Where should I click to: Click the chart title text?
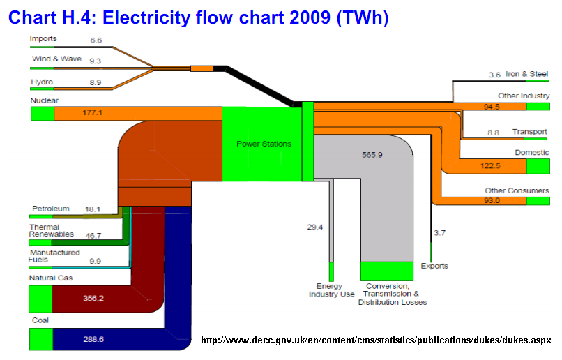pos(198,17)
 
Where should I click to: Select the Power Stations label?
pos(264,144)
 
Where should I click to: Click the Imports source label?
pos(43,38)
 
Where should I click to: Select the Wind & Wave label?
pos(56,59)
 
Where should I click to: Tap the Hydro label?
pos(41,82)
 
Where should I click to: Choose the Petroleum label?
pos(50,208)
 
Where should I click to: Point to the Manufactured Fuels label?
pos(54,256)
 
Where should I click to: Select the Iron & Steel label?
pos(526,74)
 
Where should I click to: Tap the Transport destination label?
pos(530,132)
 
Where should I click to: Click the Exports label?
pos(434,266)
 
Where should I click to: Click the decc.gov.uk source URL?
pos(376,340)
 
